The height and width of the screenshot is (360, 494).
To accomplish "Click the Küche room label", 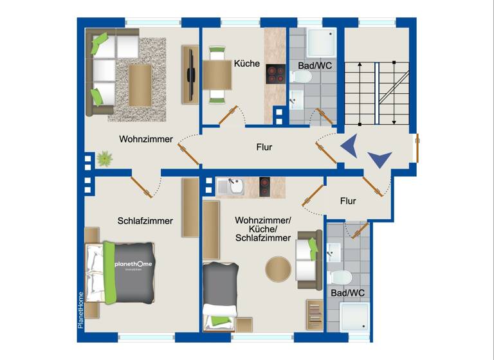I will pyautogui.click(x=247, y=64).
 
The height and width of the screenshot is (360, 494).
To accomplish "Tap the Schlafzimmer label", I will pyautogui.click(x=145, y=221).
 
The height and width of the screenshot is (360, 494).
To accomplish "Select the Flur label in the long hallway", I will pyautogui.click(x=264, y=147).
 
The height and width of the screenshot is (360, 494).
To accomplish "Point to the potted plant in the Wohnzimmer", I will pyautogui.click(x=103, y=157).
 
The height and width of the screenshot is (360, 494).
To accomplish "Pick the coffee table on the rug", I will pyautogui.click(x=140, y=85).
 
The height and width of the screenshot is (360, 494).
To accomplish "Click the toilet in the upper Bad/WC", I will pyautogui.click(x=301, y=77).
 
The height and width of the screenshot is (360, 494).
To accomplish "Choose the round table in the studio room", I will pyautogui.click(x=279, y=269).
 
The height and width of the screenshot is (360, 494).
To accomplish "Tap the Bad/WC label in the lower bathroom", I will pyautogui.click(x=348, y=293).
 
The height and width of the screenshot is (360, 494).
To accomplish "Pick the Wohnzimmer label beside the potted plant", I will pyautogui.click(x=146, y=139).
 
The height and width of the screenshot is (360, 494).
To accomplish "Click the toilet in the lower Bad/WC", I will pyautogui.click(x=339, y=278).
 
